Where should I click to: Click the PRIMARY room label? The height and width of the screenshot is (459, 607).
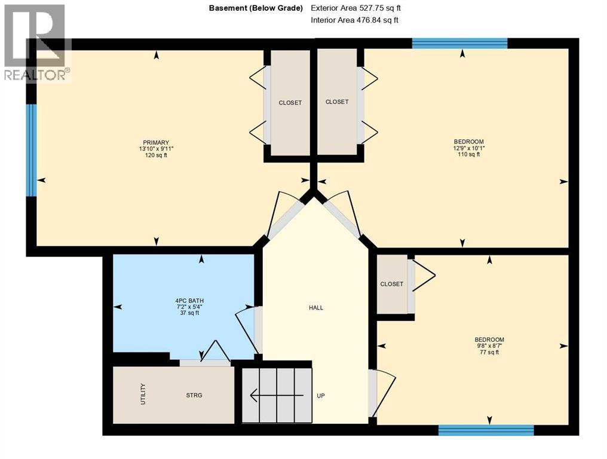click(x=156, y=142)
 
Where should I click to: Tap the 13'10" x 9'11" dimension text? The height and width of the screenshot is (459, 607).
click(x=156, y=148)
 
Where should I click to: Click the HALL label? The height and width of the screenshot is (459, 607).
click(x=316, y=308)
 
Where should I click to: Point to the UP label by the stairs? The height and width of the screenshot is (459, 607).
click(x=320, y=396)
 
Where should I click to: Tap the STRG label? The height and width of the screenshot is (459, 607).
click(x=194, y=395)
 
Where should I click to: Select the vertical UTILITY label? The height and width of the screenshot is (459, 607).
click(x=143, y=394)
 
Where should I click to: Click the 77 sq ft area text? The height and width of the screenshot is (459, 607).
click(x=489, y=353)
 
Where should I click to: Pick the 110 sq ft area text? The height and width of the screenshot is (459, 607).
click(x=469, y=154)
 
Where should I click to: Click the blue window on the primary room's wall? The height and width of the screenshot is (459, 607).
click(x=31, y=150)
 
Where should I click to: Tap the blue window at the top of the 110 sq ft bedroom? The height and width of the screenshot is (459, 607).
click(x=459, y=43)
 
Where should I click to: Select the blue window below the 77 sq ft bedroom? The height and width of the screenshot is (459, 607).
click(x=486, y=430)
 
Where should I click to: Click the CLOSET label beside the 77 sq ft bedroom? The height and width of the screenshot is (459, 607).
click(x=392, y=284)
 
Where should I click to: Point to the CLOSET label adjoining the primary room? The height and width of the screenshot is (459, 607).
click(x=290, y=103)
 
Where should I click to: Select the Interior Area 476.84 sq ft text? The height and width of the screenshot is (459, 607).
click(x=355, y=20)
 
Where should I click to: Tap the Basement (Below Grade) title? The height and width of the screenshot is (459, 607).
click(x=256, y=8)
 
